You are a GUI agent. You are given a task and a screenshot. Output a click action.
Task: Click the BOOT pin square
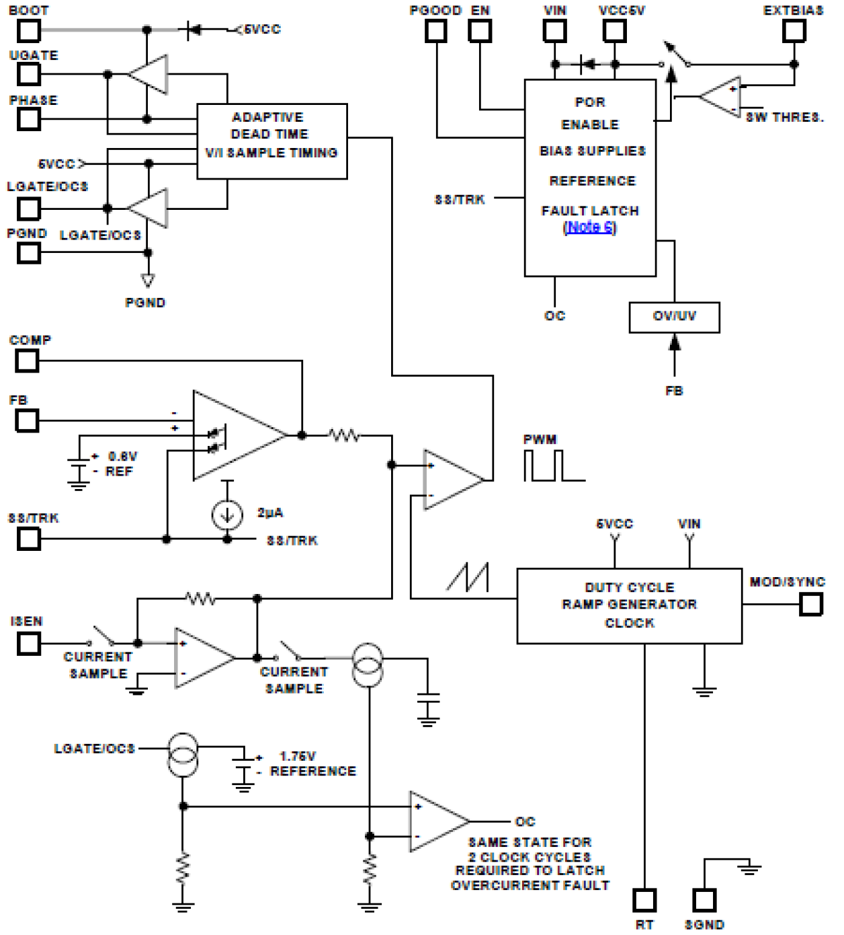pyautogui.click(x=28, y=30)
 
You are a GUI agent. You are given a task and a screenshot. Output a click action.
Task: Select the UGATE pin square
pyautogui.click(x=28, y=74)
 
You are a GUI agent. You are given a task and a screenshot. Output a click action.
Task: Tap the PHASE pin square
pyautogui.click(x=28, y=119)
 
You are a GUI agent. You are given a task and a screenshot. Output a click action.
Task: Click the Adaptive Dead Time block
pyautogui.click(x=271, y=141)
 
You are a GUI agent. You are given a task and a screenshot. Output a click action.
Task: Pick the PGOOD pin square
pyautogui.click(x=436, y=30)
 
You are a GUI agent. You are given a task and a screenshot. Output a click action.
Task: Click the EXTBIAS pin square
pyautogui.click(x=794, y=30)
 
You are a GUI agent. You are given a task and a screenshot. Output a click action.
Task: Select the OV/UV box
pyautogui.click(x=674, y=317)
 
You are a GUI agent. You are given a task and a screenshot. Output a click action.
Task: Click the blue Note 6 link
pyautogui.click(x=589, y=227)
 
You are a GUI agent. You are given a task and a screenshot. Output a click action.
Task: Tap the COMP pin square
pyautogui.click(x=28, y=361)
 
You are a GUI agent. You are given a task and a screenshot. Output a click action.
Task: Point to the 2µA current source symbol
pyautogui.click(x=227, y=515)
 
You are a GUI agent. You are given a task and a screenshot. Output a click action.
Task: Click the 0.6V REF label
pyautogui.click(x=121, y=464)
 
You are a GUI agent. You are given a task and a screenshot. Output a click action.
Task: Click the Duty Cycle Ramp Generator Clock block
pyautogui.click(x=629, y=605)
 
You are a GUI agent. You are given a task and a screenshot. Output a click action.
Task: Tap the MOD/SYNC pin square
pyautogui.click(x=810, y=604)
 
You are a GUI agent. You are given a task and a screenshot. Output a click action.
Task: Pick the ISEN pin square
pyautogui.click(x=28, y=644)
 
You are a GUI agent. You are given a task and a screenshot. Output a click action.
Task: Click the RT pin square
pyautogui.click(x=644, y=899)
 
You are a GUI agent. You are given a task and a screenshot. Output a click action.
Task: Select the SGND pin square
pyautogui.click(x=704, y=899)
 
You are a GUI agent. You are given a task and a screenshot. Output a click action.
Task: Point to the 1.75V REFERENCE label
pyautogui.click(x=312, y=764)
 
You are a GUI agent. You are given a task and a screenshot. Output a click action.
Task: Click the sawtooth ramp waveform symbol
pyautogui.click(x=468, y=577)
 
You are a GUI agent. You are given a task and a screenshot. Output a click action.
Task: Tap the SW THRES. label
pyautogui.click(x=784, y=118)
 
